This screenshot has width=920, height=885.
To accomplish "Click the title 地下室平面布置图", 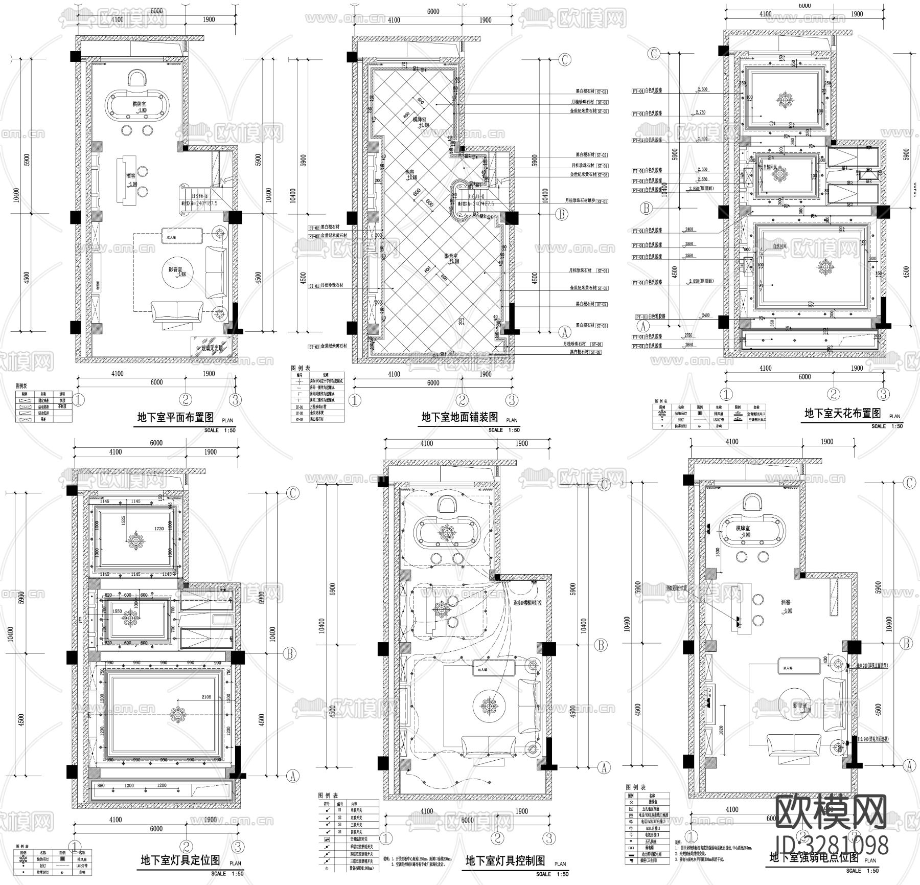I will coord(176,417).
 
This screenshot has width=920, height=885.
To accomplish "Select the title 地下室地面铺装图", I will coord(459,417).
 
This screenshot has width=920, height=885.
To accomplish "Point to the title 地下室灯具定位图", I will coord(180,860).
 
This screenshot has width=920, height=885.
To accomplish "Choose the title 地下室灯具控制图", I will coord(505,861).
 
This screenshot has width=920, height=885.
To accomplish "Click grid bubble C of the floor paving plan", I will coord(564,60).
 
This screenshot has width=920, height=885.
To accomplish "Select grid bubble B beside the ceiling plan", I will coord(647,208).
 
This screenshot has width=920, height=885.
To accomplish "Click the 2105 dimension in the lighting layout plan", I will coord(206,697).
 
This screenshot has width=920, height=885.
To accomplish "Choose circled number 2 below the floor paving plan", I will coord(462,400).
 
